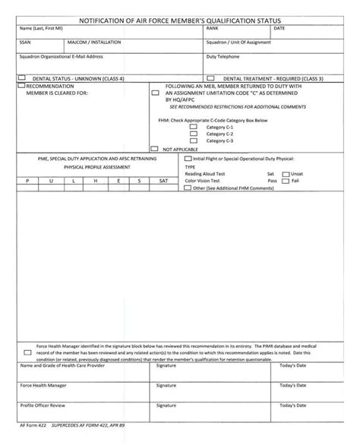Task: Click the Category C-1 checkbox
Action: click(x=193, y=127)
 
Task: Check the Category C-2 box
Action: click(x=193, y=134)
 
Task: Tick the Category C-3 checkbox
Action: click(x=193, y=141)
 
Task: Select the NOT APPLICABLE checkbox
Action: click(x=156, y=149)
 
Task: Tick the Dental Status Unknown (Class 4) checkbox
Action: click(x=22, y=77)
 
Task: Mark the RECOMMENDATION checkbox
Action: click(x=21, y=86)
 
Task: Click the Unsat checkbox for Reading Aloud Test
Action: click(x=286, y=174)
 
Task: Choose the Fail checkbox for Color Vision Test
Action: click(x=286, y=181)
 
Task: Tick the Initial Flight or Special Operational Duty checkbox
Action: click(x=188, y=159)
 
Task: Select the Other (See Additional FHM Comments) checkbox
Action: click(x=188, y=188)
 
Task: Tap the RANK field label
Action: click(x=212, y=28)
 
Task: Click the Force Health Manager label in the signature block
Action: click(x=43, y=385)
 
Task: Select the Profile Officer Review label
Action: click(x=43, y=406)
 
